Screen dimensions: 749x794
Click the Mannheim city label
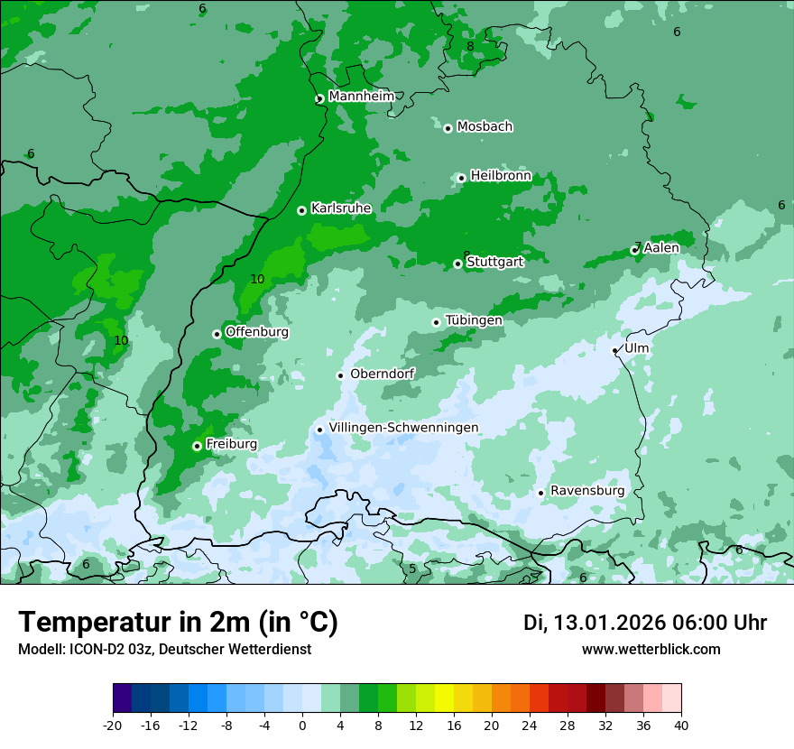(361, 97)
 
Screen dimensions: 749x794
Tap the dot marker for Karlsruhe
(301, 210)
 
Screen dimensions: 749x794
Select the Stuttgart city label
(494, 262)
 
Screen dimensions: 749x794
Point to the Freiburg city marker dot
(197, 446)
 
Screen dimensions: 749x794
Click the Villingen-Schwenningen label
(403, 428)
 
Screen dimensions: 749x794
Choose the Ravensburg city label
(587, 491)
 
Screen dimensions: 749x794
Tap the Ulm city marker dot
(614, 350)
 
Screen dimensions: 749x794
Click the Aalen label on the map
(661, 248)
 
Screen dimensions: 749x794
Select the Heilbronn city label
(501, 176)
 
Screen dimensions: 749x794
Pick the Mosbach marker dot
(448, 128)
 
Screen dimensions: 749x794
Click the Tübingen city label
(474, 320)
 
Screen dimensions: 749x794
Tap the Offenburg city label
(257, 332)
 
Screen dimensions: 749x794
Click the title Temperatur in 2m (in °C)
(178, 623)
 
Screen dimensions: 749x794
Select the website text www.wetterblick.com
(651, 650)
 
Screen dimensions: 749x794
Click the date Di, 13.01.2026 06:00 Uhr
(645, 623)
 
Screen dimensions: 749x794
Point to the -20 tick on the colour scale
(113, 725)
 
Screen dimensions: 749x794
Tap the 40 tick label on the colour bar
(681, 725)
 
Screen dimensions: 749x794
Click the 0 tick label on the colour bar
(302, 725)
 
